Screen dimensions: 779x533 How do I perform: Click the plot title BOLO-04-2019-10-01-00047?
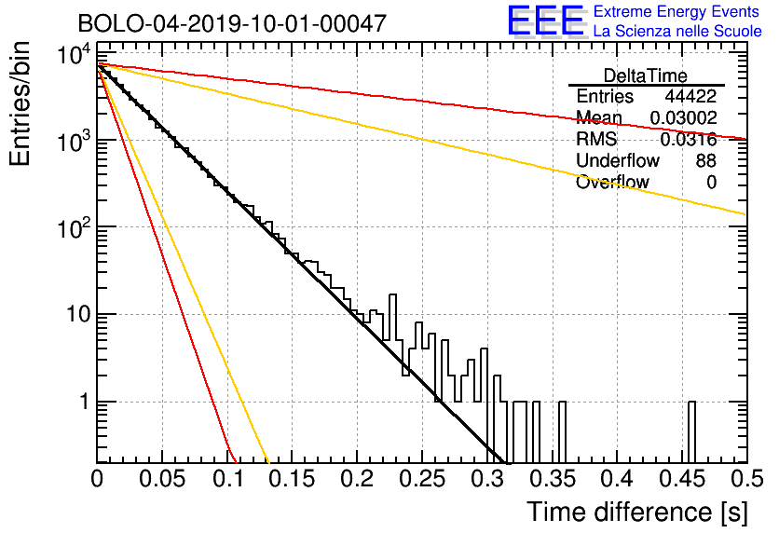(232, 23)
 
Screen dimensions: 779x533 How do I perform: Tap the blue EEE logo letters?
(545, 20)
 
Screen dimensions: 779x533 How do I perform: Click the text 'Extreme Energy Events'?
(676, 11)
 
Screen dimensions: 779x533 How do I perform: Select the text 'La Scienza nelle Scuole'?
(677, 32)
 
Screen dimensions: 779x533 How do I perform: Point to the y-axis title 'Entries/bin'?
(20, 104)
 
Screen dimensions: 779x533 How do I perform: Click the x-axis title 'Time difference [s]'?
(637, 512)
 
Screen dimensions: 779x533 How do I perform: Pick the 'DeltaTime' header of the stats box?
(646, 75)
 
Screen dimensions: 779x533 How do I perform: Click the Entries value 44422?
(690, 96)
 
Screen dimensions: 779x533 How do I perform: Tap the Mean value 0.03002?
(683, 117)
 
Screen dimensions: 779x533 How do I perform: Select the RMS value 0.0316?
(688, 140)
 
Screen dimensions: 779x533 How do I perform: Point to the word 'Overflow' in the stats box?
(612, 183)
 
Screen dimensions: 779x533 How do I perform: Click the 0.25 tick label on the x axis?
(422, 479)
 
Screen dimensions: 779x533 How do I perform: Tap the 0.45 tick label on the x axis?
(682, 479)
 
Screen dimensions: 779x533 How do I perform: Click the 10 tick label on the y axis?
(78, 314)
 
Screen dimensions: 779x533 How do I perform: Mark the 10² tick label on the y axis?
(75, 227)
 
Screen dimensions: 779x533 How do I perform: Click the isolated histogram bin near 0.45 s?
(691, 431)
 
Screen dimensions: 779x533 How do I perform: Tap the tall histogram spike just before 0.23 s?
(392, 318)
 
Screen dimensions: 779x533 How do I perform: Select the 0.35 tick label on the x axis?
(552, 479)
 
